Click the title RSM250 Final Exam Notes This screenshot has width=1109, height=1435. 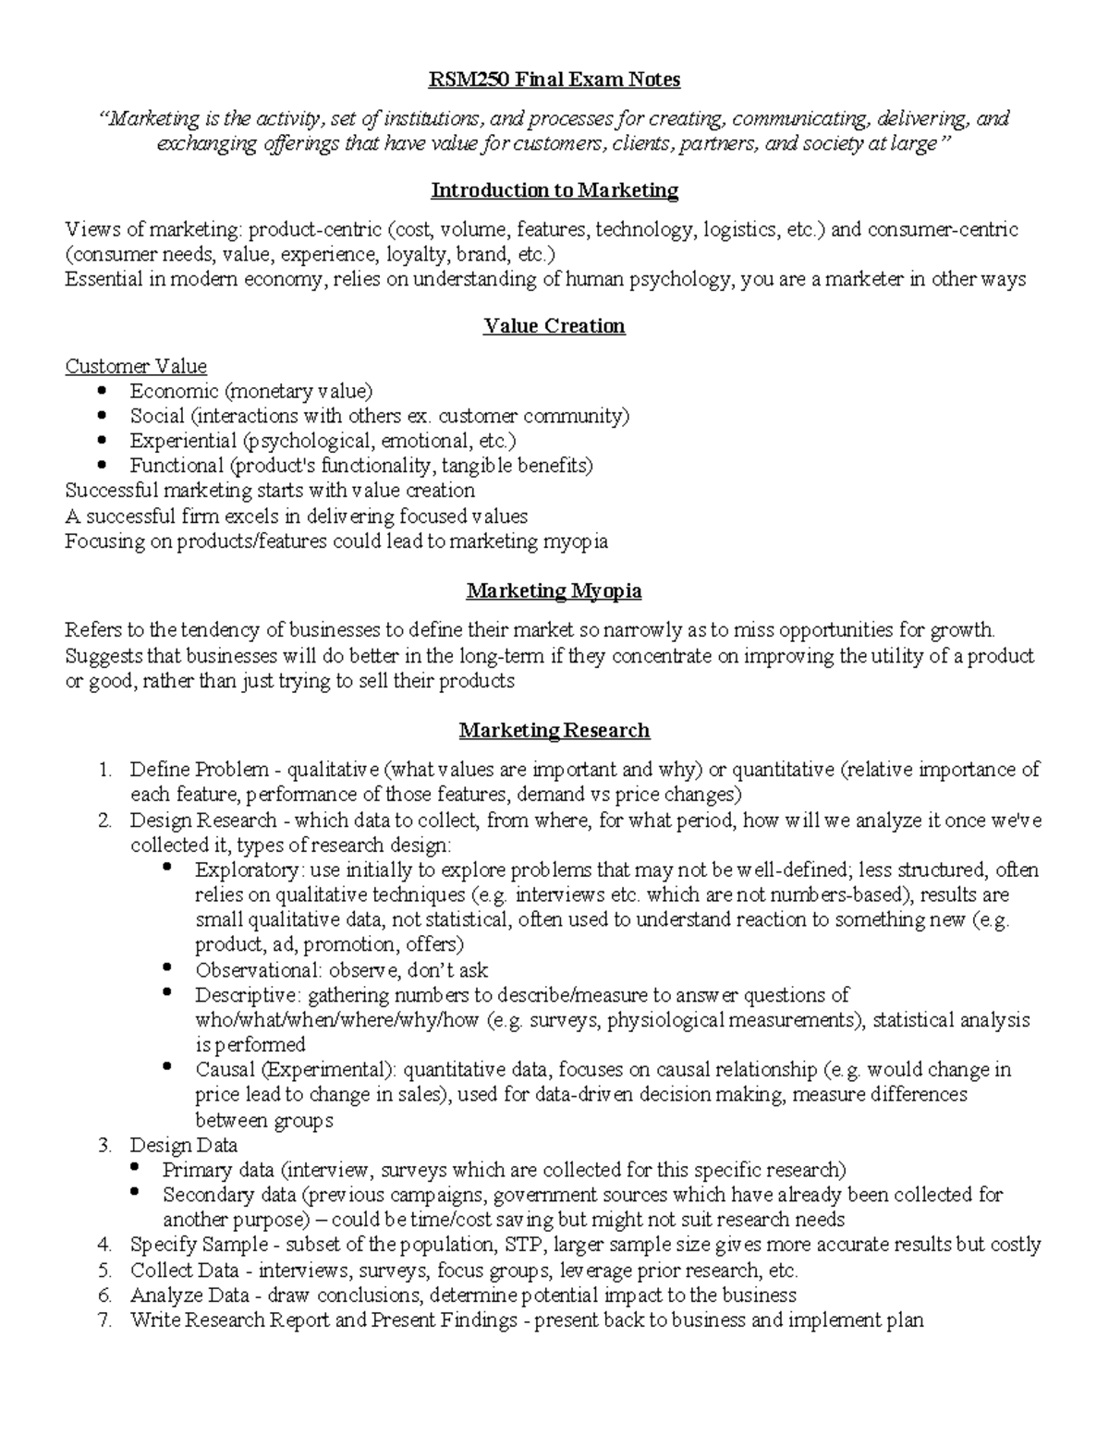coord(554,80)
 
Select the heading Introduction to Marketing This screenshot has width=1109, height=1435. coord(554,190)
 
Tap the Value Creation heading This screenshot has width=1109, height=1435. coord(554,326)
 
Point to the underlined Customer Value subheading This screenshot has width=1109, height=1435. coord(136,366)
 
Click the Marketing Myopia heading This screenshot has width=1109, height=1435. coord(554,590)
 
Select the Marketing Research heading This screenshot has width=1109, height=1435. coord(554,731)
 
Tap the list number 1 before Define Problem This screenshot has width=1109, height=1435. coord(104,770)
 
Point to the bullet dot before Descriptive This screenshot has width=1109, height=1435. coord(166,993)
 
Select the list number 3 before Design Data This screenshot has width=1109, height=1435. coord(104,1146)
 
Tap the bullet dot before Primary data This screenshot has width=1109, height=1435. coord(134,1169)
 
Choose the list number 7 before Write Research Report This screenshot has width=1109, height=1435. coord(104,1320)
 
